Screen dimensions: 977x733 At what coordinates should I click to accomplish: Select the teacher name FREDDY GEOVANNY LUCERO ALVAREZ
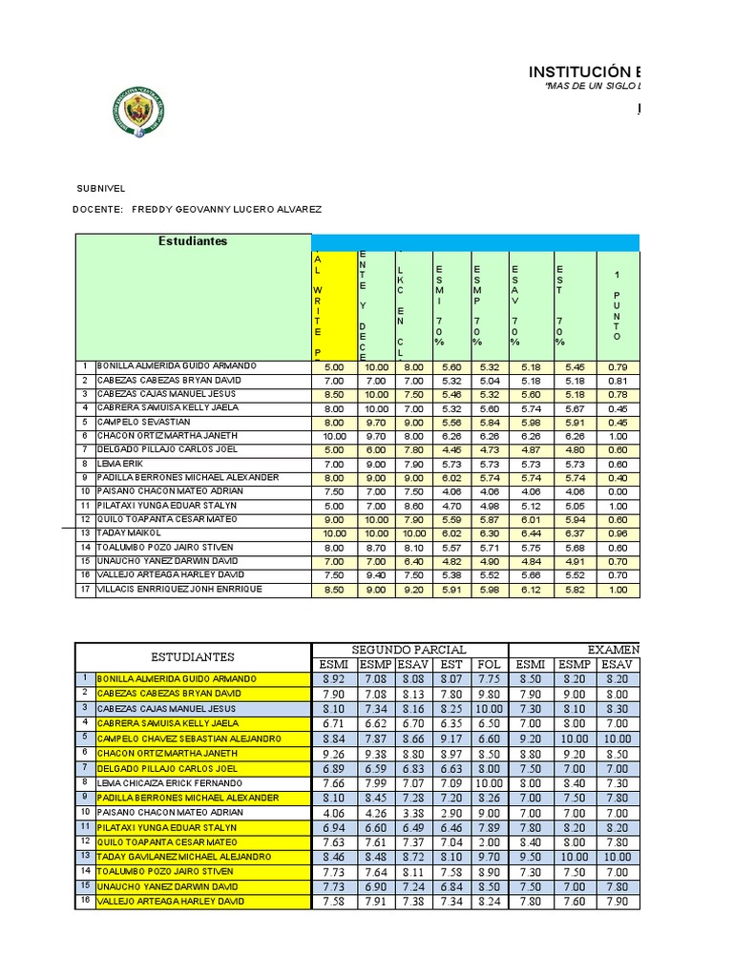(226, 209)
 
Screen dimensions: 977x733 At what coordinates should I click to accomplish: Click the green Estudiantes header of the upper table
(193, 241)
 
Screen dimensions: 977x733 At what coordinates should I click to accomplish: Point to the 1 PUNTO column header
(618, 305)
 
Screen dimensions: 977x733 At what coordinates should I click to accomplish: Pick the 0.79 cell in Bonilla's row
(618, 366)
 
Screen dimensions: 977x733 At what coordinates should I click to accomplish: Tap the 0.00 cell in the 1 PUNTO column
(618, 492)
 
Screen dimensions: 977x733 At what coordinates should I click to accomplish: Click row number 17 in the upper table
(85, 590)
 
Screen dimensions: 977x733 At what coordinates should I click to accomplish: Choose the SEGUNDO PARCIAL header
(409, 650)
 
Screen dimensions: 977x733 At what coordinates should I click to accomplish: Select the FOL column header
(488, 665)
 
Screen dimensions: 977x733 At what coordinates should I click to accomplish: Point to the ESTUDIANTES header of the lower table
(193, 657)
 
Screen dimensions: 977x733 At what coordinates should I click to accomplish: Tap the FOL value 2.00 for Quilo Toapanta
(488, 842)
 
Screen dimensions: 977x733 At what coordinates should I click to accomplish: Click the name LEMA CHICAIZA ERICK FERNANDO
(172, 783)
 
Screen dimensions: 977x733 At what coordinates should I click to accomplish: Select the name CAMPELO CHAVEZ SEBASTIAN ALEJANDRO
(189, 738)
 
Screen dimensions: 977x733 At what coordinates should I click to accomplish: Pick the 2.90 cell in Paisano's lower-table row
(451, 812)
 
